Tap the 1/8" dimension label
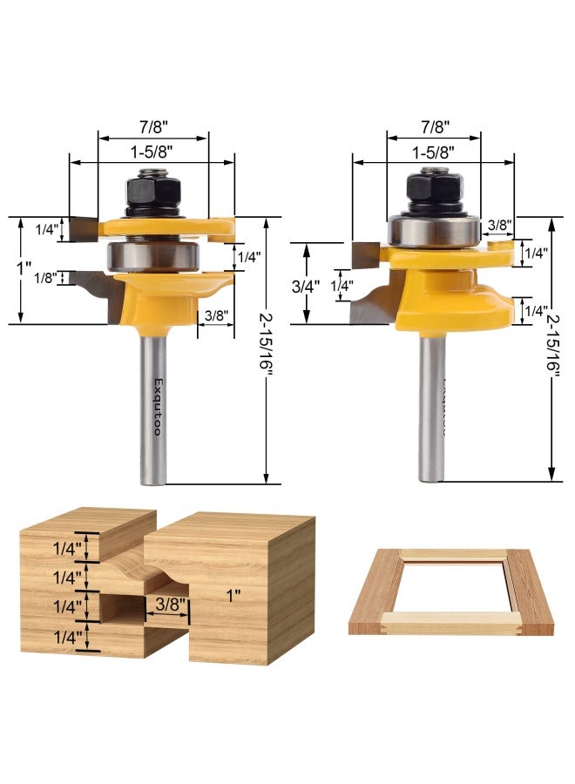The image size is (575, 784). [x=46, y=278]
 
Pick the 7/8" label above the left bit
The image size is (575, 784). [x=153, y=125]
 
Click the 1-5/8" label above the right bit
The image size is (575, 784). [x=433, y=150]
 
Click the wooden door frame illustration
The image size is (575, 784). [x=451, y=591]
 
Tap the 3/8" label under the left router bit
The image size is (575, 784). [x=214, y=315]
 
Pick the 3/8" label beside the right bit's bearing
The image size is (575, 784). [x=500, y=225]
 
